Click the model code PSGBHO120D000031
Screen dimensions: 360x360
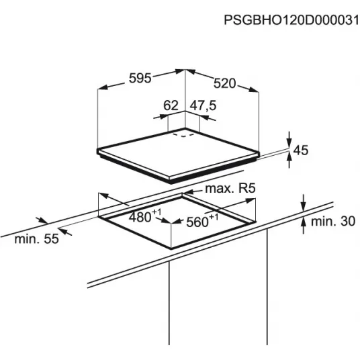(291, 20)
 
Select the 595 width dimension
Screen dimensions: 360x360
(140, 78)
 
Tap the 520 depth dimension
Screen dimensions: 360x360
(224, 83)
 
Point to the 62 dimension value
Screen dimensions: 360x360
(171, 105)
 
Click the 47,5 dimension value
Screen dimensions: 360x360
(204, 105)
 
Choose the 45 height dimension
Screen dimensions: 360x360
(301, 150)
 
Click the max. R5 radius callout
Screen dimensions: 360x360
(230, 189)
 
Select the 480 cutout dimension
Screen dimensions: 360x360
(140, 217)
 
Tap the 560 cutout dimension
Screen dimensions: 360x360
(197, 222)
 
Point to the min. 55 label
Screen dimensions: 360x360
(37, 239)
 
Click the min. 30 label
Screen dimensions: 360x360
(333, 222)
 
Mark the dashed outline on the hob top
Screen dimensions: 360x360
(183, 135)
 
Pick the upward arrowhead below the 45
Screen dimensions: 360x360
(289, 157)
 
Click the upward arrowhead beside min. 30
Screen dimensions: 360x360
(304, 223)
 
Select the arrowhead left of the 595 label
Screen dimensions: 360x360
(103, 87)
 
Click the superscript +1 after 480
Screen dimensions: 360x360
(156, 212)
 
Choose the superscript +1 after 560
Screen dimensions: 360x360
(214, 217)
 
